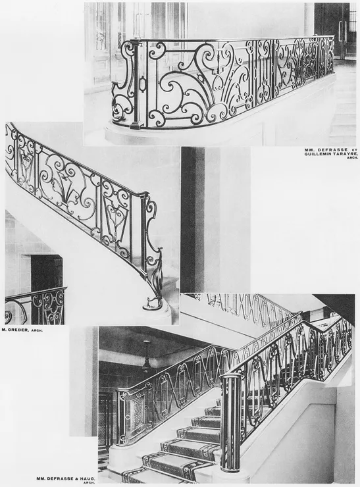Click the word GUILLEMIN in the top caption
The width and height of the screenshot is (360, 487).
tap(316, 153)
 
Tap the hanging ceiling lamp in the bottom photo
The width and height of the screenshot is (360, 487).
tap(146, 357)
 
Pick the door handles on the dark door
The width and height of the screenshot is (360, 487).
tap(342, 31)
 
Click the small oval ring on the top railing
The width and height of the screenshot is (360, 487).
tap(143, 84)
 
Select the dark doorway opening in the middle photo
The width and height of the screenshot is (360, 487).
tap(47, 273)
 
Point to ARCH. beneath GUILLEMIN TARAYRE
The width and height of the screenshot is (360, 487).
tap(349, 157)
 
